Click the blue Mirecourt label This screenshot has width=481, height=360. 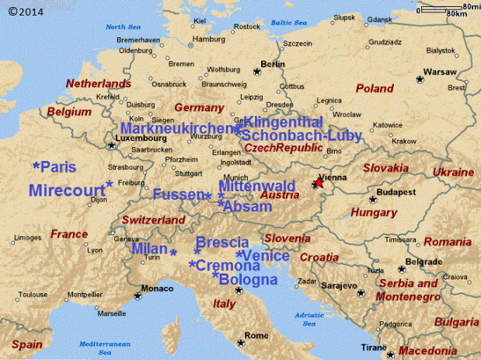[66, 190]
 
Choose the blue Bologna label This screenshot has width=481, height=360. [248, 279]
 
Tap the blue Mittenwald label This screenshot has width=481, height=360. [256, 187]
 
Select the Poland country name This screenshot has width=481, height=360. [375, 89]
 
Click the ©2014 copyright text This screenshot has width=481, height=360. [26, 12]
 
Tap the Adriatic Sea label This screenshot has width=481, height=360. [310, 319]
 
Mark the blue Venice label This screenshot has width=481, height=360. [267, 256]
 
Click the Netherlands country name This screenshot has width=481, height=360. [98, 83]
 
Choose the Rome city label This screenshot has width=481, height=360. [256, 335]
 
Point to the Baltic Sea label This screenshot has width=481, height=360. [289, 23]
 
